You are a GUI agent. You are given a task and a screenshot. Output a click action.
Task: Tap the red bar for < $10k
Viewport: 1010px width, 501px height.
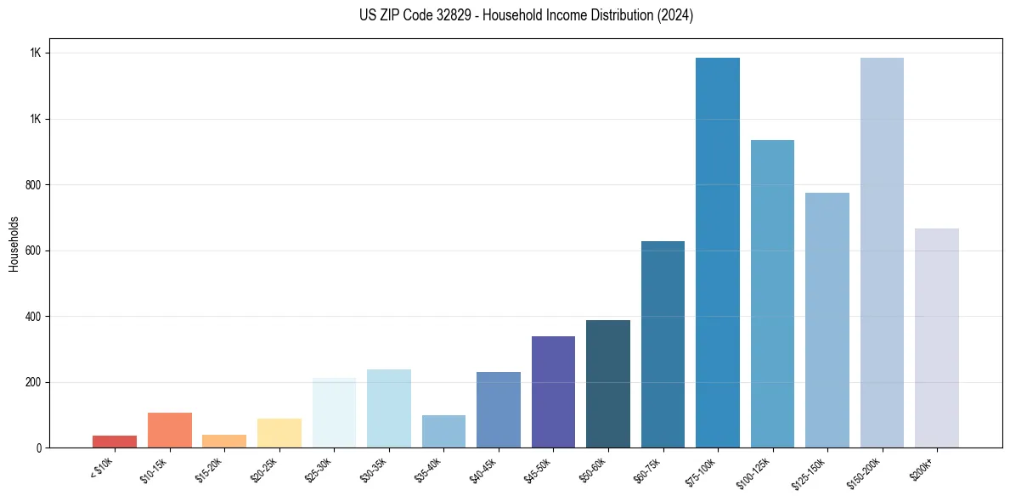coord(115,442)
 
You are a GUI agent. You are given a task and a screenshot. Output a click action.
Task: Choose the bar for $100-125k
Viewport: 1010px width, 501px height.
coord(772,294)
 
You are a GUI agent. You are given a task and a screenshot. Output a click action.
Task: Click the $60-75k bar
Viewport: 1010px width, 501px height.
coord(663,344)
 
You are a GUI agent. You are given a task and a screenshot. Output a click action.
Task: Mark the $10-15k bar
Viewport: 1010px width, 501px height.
coord(169,430)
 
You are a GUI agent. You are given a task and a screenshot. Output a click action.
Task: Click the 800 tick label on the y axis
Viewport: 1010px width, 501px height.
coord(34,185)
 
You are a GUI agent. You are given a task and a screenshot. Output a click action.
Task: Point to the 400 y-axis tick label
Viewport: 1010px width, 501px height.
coord(34,317)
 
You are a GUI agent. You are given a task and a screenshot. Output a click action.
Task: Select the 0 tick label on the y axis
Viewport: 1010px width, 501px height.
coord(39,448)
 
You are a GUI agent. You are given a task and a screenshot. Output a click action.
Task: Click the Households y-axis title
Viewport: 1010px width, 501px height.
coord(14,244)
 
